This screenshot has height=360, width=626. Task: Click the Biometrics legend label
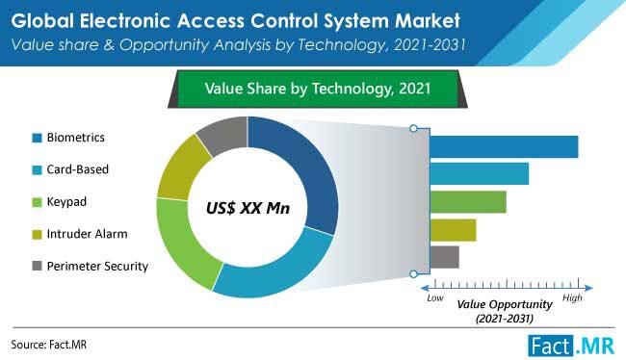click(x=78, y=137)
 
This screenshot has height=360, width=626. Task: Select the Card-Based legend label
click(x=78, y=168)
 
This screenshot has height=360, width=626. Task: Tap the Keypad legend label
click(x=66, y=201)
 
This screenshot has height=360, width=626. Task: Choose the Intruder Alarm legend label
click(x=86, y=233)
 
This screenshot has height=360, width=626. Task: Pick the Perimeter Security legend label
click(x=97, y=265)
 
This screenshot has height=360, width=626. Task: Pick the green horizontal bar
click(x=468, y=202)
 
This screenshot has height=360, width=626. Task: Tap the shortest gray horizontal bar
click(x=444, y=257)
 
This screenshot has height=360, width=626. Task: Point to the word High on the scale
click(x=573, y=298)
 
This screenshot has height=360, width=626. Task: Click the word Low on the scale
click(x=435, y=298)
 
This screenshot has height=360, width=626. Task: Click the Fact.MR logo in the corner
click(x=569, y=344)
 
